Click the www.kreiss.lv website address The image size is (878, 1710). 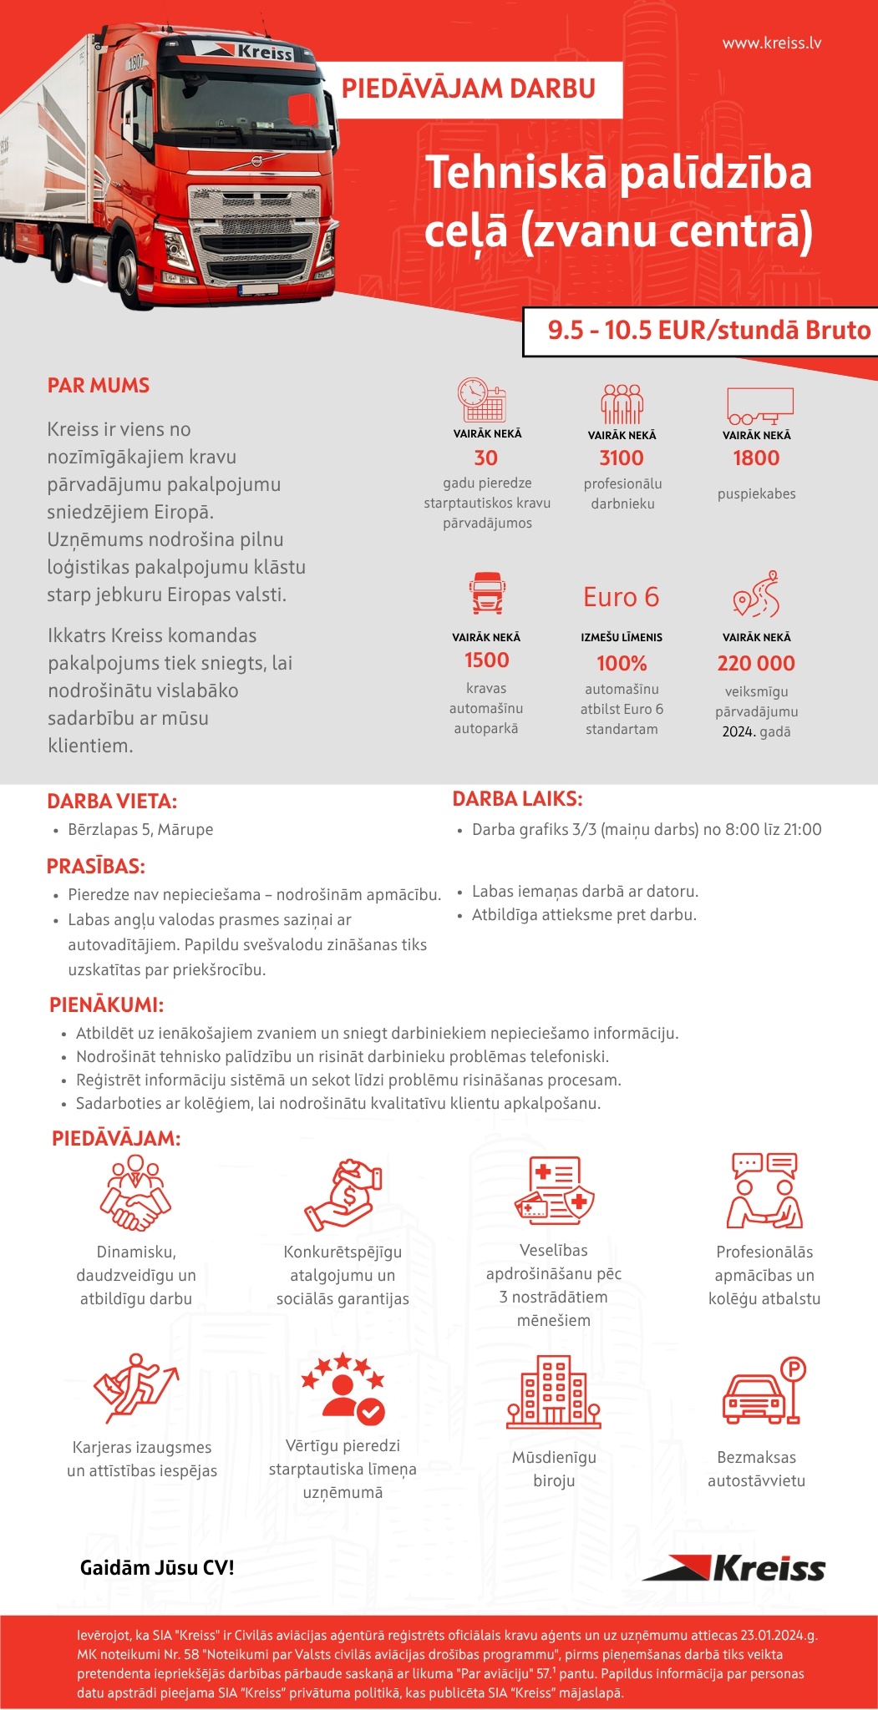(x=771, y=43)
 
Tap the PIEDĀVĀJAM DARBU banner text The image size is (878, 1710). (x=468, y=89)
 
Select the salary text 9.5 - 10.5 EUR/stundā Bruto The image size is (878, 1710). (x=708, y=331)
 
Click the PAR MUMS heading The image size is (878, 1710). (x=99, y=386)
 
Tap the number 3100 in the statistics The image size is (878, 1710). (x=622, y=458)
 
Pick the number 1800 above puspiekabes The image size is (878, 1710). (x=756, y=458)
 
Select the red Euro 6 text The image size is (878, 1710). (x=621, y=597)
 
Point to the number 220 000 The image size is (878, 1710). (x=756, y=663)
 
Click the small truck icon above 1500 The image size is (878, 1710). (x=486, y=593)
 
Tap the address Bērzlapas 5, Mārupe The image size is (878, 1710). (x=140, y=829)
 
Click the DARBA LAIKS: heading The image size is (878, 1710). (x=517, y=799)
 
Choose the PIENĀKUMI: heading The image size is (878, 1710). (x=106, y=1004)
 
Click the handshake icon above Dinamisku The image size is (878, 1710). (x=135, y=1193)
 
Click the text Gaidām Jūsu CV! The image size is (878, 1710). (x=157, y=1567)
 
